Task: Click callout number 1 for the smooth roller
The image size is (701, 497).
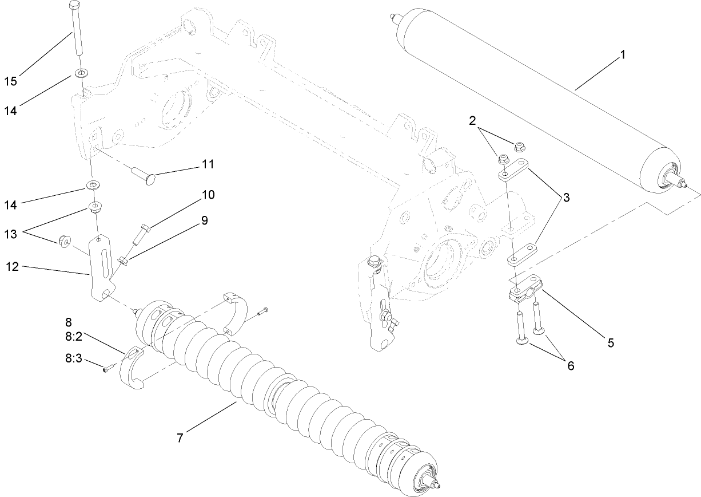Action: point(623,55)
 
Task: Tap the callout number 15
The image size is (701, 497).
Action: point(10,81)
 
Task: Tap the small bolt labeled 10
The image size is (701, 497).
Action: point(141,235)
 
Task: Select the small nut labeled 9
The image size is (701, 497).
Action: point(122,262)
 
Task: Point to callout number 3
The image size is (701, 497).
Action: point(566,198)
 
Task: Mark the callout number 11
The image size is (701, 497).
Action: point(207,164)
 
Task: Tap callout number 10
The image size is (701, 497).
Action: point(207,195)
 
